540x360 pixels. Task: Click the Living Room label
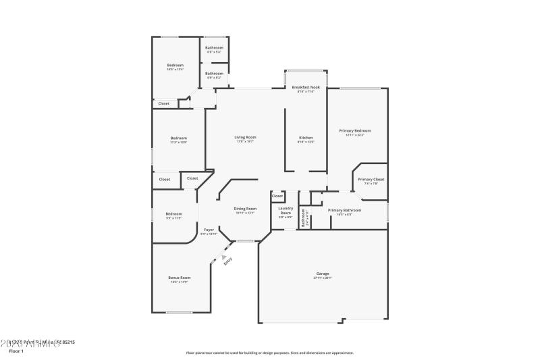point(245,137)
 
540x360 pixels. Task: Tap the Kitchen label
point(306,137)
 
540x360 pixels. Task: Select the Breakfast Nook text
point(306,88)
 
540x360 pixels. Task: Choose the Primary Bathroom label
point(344,210)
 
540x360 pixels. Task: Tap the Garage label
point(322,274)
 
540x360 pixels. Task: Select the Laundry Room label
point(285,211)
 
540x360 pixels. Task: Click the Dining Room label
point(245,209)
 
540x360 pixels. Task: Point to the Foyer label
point(209,230)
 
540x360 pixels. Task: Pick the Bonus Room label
point(179,278)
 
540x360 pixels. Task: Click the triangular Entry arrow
point(223,255)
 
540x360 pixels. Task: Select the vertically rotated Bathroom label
point(304,215)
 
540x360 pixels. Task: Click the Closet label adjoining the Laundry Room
point(277,197)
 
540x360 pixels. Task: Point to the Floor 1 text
point(16,351)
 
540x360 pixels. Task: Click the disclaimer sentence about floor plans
point(269,353)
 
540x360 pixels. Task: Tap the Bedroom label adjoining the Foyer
point(173,214)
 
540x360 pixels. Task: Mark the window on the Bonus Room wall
point(179,312)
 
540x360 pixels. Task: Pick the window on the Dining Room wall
point(245,241)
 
